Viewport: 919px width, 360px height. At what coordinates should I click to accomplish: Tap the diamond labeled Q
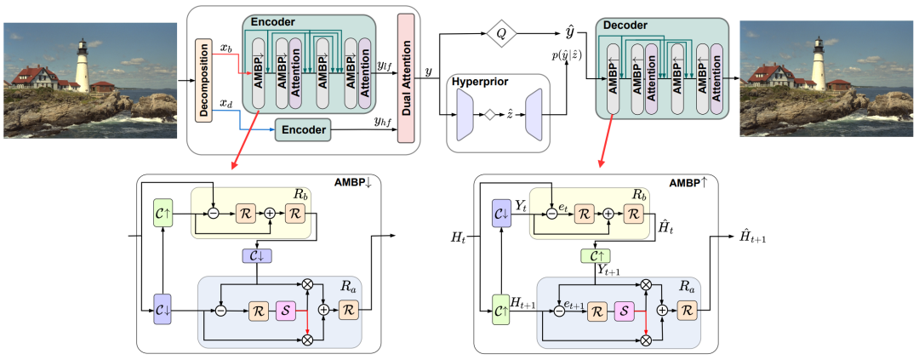click(501, 35)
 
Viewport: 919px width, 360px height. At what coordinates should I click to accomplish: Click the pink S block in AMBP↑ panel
click(626, 311)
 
